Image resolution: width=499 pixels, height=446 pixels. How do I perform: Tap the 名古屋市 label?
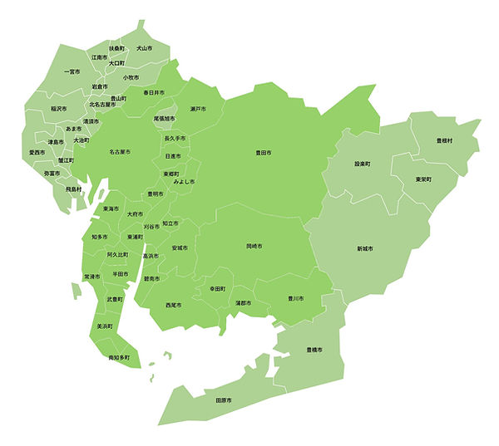click(x=120, y=153)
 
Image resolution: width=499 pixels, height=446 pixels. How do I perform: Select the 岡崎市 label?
click(x=254, y=247)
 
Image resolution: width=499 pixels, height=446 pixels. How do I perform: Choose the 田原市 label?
click(x=223, y=401)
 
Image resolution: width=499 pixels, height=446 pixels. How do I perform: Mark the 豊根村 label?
click(x=444, y=141)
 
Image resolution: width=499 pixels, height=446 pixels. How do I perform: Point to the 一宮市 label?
click(x=72, y=71)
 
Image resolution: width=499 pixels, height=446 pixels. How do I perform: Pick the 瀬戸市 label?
click(x=198, y=109)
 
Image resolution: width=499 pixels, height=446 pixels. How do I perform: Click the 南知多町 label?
click(x=120, y=358)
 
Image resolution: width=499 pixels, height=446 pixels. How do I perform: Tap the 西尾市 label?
click(x=174, y=306)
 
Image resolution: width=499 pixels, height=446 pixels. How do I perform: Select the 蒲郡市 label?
click(x=244, y=303)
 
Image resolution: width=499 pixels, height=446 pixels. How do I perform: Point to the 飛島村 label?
click(x=73, y=189)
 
